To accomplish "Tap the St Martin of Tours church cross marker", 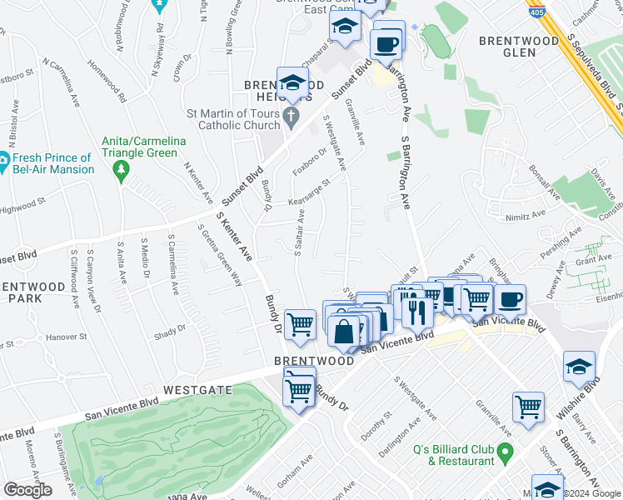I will [291, 117].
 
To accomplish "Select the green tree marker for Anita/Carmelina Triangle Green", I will [122, 170].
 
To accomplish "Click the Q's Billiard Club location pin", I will [503, 454].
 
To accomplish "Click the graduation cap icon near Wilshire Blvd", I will [579, 366].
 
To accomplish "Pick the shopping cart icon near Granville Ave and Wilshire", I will [528, 407].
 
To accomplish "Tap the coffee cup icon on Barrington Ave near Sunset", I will [387, 43].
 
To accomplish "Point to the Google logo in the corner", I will [27, 491].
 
